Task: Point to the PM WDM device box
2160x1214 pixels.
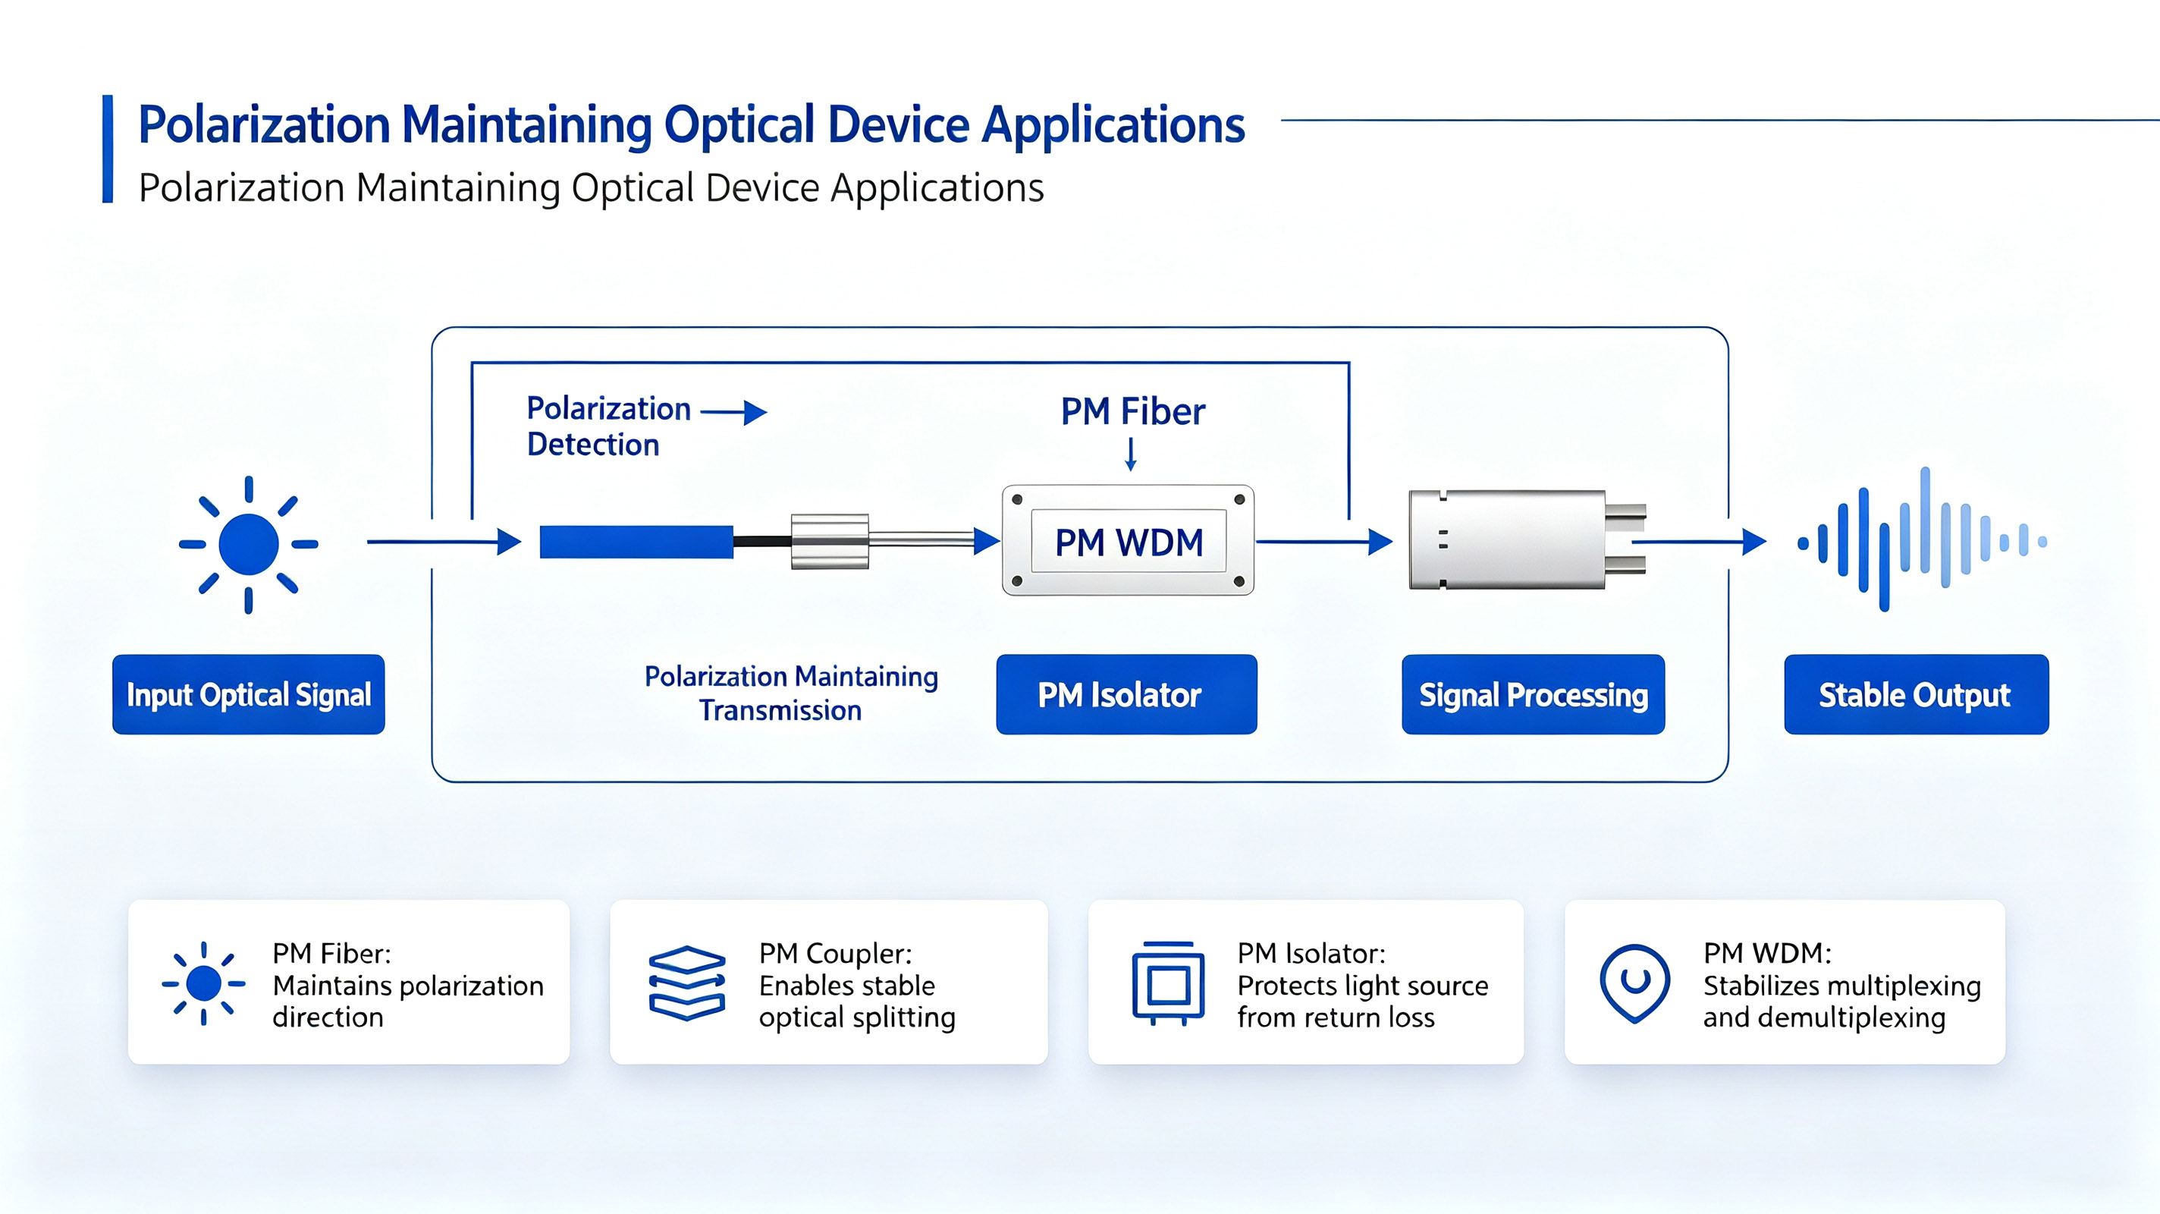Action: pyautogui.click(x=1128, y=540)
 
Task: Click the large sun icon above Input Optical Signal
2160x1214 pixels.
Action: pyautogui.click(x=248, y=545)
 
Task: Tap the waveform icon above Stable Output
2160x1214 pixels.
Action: pyautogui.click(x=1922, y=539)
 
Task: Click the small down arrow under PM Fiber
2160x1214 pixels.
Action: pyautogui.click(x=1130, y=454)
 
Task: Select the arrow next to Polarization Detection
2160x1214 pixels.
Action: pyautogui.click(x=733, y=412)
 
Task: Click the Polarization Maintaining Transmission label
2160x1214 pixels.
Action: pyautogui.click(x=791, y=693)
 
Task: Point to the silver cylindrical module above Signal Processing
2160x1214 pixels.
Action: pyautogui.click(x=1527, y=539)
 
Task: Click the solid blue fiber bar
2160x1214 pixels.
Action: pyautogui.click(x=636, y=542)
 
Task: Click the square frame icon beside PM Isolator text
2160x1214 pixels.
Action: pyautogui.click(x=1168, y=983)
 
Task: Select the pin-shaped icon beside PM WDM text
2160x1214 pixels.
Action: pyautogui.click(x=1634, y=983)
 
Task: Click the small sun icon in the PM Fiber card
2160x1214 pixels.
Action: pyautogui.click(x=204, y=983)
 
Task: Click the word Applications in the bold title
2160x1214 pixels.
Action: pyautogui.click(x=1113, y=126)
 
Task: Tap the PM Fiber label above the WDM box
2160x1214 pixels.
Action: pyautogui.click(x=1133, y=411)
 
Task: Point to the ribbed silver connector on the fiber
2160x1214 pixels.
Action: pyautogui.click(x=829, y=541)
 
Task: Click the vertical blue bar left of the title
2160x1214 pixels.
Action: pyautogui.click(x=108, y=149)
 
